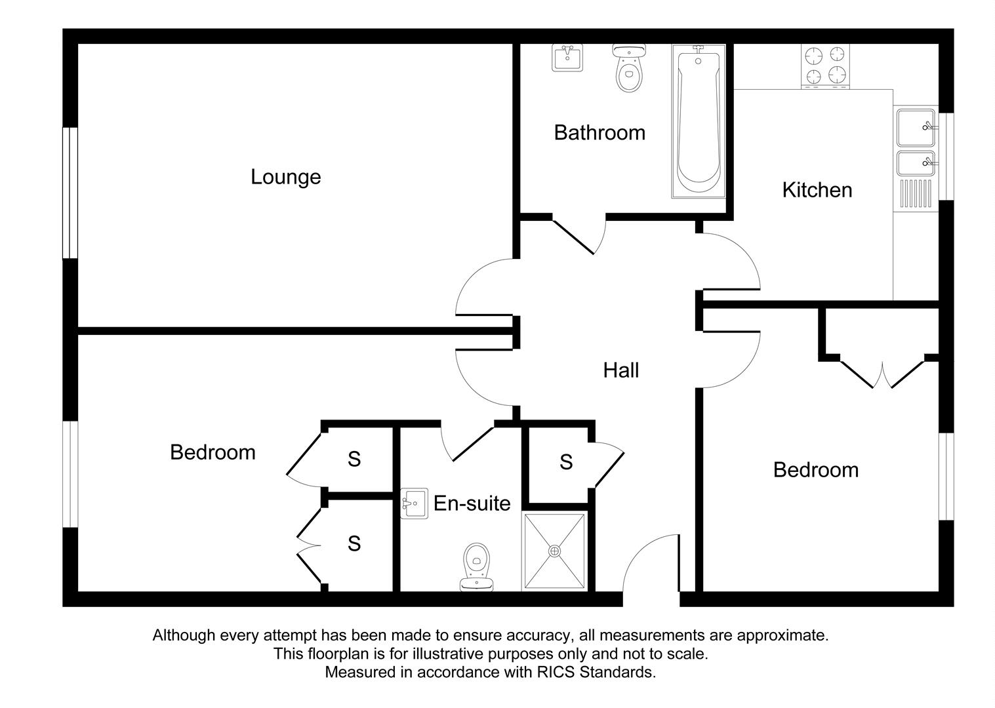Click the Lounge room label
(285, 177)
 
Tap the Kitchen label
(817, 190)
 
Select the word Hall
(620, 370)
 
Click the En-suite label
(472, 503)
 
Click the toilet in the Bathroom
(629, 69)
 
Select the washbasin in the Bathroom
(567, 58)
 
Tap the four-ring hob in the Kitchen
(825, 66)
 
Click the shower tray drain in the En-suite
(555, 551)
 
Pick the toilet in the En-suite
(476, 565)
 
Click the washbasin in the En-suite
(414, 503)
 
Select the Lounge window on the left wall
(70, 193)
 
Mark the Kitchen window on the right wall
(946, 156)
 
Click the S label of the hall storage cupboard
(566, 463)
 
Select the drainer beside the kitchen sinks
(915, 195)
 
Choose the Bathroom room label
(599, 133)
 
